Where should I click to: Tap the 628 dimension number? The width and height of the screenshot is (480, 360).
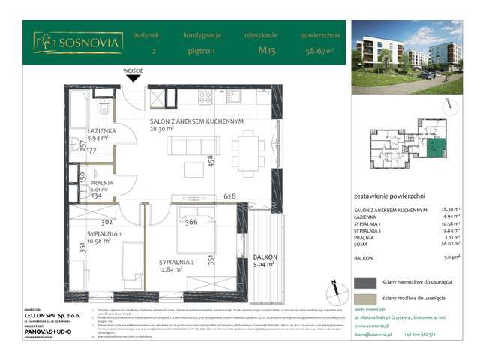click(229, 196)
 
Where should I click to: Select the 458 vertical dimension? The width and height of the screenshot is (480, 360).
click(211, 163)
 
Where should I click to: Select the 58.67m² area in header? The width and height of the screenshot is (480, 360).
click(321, 52)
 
